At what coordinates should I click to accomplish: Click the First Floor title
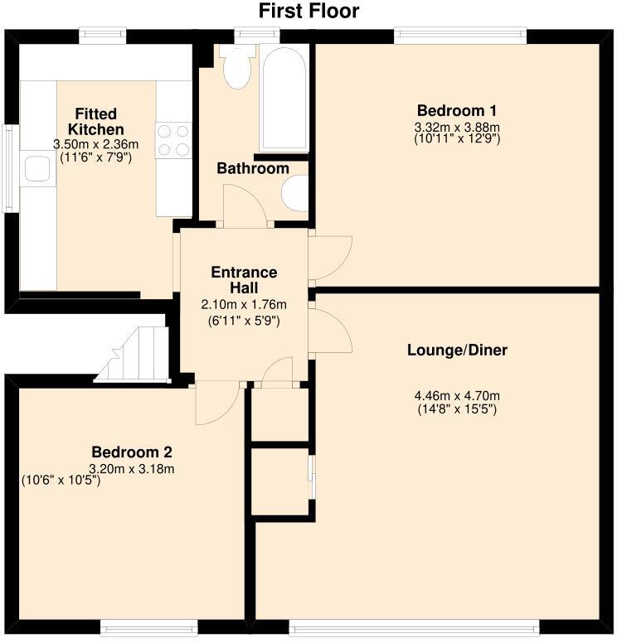click(308, 11)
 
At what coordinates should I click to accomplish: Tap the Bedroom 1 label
click(457, 111)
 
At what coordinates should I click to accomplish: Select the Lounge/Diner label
click(457, 351)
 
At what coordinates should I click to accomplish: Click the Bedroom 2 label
click(131, 452)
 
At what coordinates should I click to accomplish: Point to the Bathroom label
click(253, 168)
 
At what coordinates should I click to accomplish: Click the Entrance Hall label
click(244, 280)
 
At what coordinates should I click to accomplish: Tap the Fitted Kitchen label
click(95, 121)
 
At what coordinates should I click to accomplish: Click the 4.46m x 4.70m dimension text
click(457, 396)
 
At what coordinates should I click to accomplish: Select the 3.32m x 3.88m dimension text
click(457, 127)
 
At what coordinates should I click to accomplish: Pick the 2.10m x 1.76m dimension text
click(244, 305)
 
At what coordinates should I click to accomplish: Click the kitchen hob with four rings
click(173, 141)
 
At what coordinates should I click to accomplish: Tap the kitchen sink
click(37, 169)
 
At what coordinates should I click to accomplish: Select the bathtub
click(284, 98)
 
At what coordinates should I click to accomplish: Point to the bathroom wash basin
click(294, 193)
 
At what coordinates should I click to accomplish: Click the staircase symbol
click(132, 355)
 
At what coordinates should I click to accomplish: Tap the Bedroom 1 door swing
click(331, 258)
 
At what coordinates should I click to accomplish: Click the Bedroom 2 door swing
click(217, 403)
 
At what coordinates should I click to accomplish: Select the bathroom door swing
click(245, 205)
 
